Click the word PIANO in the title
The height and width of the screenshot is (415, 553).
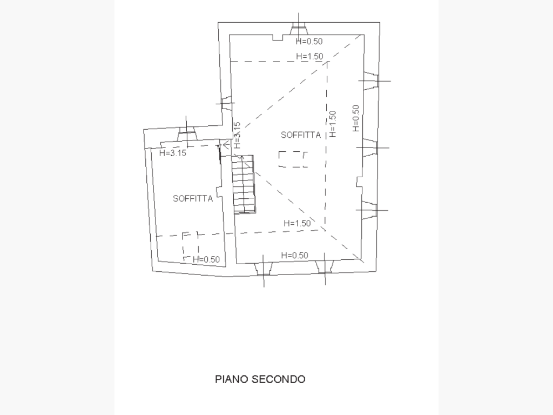tap(232, 379)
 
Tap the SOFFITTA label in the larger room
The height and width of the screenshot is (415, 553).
tap(301, 135)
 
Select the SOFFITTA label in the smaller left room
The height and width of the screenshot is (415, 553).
tap(193, 198)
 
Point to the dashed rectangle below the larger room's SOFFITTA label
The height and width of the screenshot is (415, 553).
tap(293, 159)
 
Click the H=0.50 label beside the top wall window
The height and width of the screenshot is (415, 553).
tap(309, 42)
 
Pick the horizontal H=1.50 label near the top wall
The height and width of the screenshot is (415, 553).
tap(309, 56)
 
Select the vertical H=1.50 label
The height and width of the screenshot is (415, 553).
tap(333, 124)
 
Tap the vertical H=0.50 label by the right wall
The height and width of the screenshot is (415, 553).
tap(355, 118)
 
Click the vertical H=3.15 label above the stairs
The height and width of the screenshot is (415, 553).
tap(237, 135)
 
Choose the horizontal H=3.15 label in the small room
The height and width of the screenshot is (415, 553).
tap(173, 153)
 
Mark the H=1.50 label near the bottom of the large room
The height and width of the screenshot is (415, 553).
tap(296, 223)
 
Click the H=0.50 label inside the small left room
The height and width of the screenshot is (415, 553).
tap(206, 259)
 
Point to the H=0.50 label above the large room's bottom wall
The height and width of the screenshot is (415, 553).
tap(294, 255)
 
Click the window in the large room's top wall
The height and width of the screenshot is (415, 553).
tap(298, 29)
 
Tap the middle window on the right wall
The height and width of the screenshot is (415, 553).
tap(370, 147)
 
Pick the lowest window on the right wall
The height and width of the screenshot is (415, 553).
tap(369, 210)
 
